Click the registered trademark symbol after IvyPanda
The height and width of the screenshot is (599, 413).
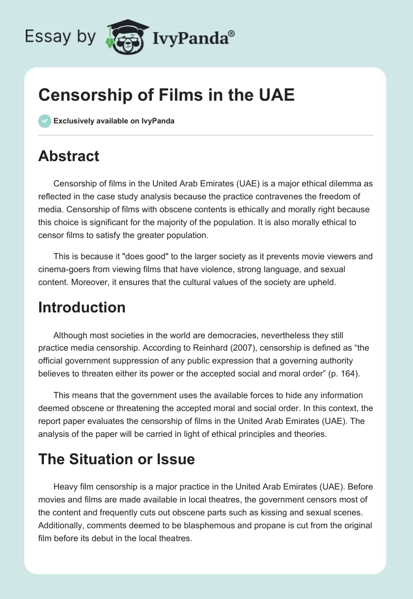[231, 34]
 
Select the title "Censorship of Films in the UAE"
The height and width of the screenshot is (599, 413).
[166, 96]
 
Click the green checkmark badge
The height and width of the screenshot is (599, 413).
[44, 121]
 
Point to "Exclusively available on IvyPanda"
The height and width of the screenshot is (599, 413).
[114, 121]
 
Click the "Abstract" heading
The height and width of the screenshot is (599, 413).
[69, 156]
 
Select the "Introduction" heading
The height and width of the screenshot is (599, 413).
[82, 307]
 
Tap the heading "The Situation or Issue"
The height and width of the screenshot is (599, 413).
[116, 459]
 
